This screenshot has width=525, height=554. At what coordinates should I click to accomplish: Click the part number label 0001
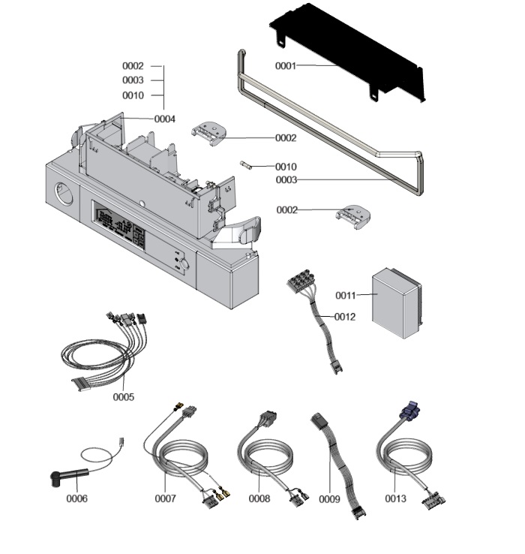coord(286,66)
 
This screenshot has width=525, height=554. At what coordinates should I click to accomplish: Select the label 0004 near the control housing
coord(165,119)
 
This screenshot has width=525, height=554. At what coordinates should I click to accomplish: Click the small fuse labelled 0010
coord(246,164)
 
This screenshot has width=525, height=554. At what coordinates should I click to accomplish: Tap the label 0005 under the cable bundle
coord(124,396)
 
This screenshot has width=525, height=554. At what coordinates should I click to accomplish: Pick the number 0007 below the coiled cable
coord(166,498)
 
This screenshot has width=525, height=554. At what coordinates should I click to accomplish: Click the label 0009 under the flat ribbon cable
coord(330,498)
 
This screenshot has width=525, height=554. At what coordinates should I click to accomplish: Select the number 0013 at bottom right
coord(395,498)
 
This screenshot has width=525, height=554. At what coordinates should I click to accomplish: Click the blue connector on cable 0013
coord(409,410)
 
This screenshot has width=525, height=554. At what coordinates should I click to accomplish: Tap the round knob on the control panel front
coord(183,264)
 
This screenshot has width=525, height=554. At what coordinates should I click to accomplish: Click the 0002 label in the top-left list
coord(133,66)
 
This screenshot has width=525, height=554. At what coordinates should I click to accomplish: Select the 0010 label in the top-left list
coord(133,95)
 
